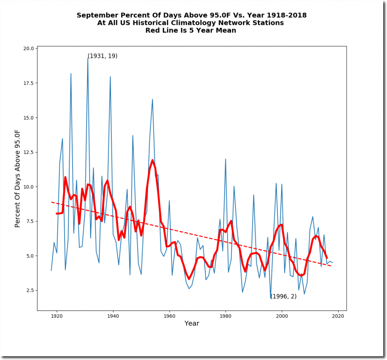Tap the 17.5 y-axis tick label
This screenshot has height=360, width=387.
(29, 83)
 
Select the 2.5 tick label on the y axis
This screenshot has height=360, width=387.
(31, 290)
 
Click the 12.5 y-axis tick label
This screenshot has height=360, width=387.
(29, 152)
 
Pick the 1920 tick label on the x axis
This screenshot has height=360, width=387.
(57, 316)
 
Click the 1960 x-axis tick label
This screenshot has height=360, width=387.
(169, 316)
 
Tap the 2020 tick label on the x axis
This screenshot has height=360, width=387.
(338, 316)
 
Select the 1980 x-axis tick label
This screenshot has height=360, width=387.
(226, 316)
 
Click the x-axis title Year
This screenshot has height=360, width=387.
(192, 324)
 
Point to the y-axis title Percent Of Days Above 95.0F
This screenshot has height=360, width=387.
(17, 178)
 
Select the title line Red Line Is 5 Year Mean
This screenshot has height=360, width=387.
(191, 31)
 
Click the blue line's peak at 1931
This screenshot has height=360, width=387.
(88, 58)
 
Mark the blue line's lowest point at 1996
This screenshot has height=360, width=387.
(271, 298)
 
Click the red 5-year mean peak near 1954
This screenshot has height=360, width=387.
(153, 160)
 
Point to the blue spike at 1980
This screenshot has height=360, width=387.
(226, 159)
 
